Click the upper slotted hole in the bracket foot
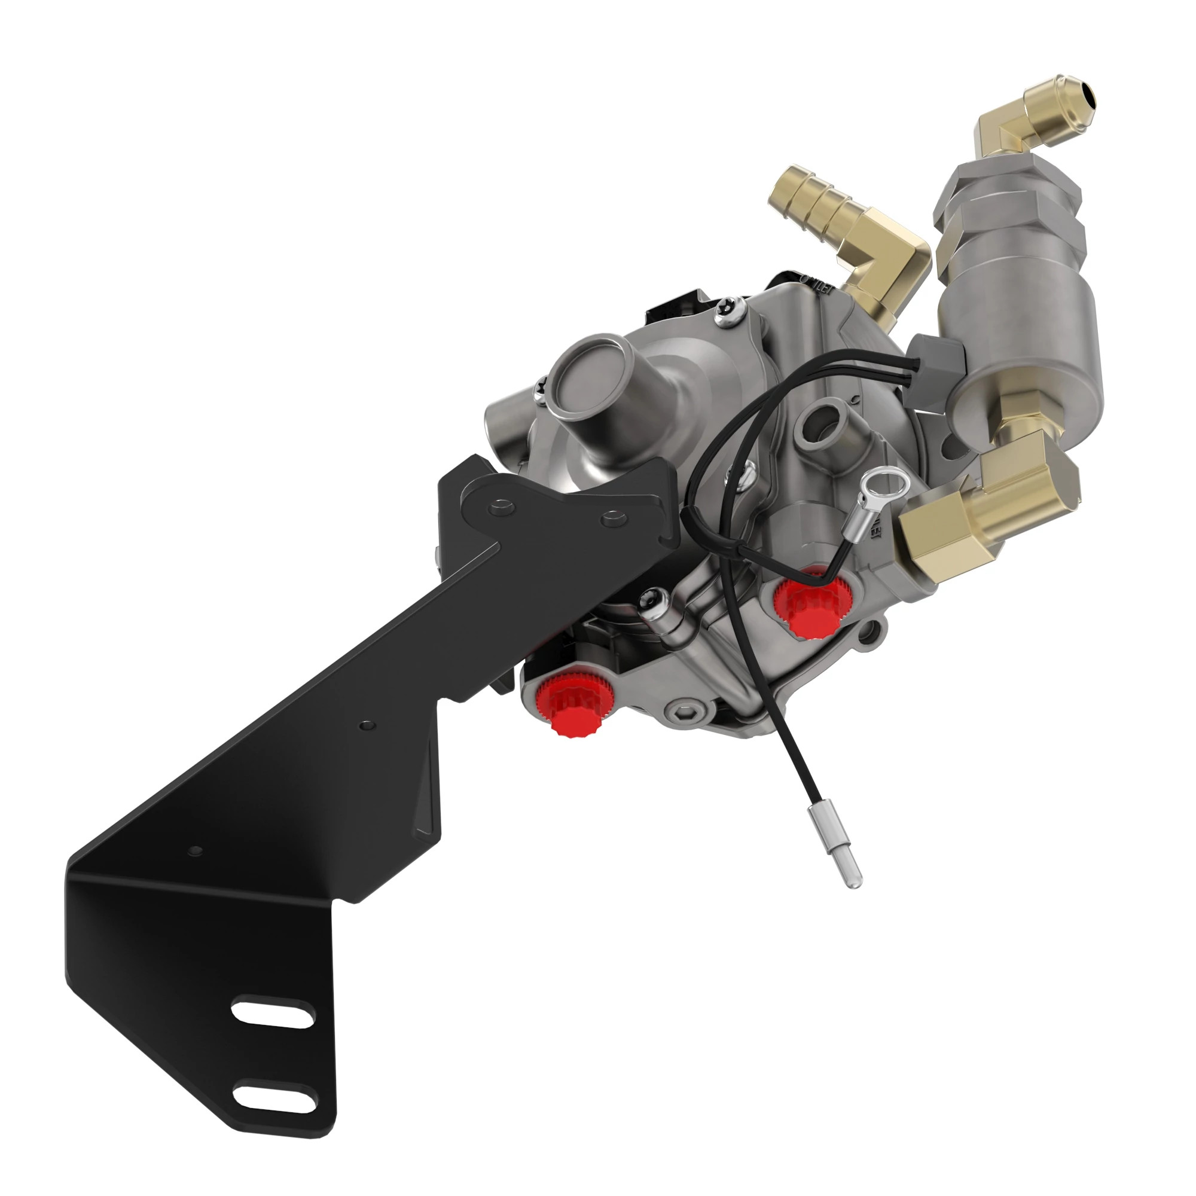click(272, 1013)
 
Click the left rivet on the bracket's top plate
click(500, 508)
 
